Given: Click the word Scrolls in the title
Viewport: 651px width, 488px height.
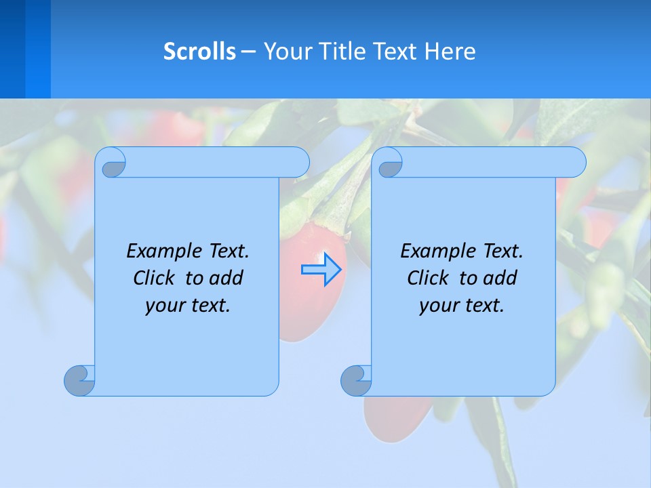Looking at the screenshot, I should coord(199,52).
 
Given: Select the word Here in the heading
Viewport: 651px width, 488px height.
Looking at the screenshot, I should coord(450,52).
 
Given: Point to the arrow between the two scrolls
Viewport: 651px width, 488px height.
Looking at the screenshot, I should coord(321,270).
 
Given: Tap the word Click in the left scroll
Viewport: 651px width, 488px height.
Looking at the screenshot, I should coord(153,278).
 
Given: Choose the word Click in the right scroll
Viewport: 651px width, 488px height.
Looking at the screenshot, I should coord(427,278).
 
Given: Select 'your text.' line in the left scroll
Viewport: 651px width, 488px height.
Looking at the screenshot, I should coord(188,305).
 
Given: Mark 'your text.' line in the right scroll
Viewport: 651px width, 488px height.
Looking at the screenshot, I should coord(462,305).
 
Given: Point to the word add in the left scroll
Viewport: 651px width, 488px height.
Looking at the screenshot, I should coord(226,278).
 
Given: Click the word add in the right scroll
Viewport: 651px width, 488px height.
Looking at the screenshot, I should coord(500,278).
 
